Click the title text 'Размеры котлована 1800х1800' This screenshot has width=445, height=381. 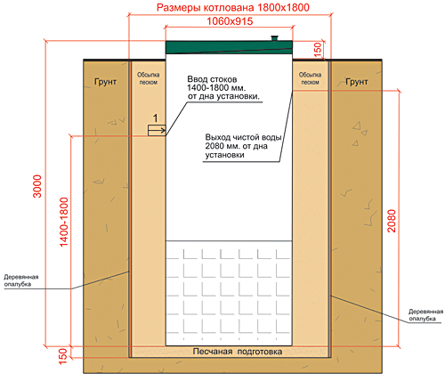233,7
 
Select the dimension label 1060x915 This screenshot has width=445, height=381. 230,21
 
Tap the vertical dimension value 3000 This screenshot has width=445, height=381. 37,186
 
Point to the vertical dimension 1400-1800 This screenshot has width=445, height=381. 64,222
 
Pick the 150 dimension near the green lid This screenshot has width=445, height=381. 318,50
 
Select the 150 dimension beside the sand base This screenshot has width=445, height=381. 63,355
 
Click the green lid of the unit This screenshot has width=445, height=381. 229,47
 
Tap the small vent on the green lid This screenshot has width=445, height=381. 275,38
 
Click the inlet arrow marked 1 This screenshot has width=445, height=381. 157,131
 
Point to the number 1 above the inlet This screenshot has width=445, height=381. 156,118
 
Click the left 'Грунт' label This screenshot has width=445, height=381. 105,82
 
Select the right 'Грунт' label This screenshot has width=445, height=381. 357,82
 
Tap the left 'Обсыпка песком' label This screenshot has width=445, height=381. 148,78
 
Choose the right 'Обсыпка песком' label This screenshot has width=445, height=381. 310,78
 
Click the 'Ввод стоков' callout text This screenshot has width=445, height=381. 223,88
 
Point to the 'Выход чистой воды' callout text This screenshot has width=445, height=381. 243,146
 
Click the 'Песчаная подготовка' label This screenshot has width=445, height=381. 238,352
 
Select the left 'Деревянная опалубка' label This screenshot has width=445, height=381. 21,280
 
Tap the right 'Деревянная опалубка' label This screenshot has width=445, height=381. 425,315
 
